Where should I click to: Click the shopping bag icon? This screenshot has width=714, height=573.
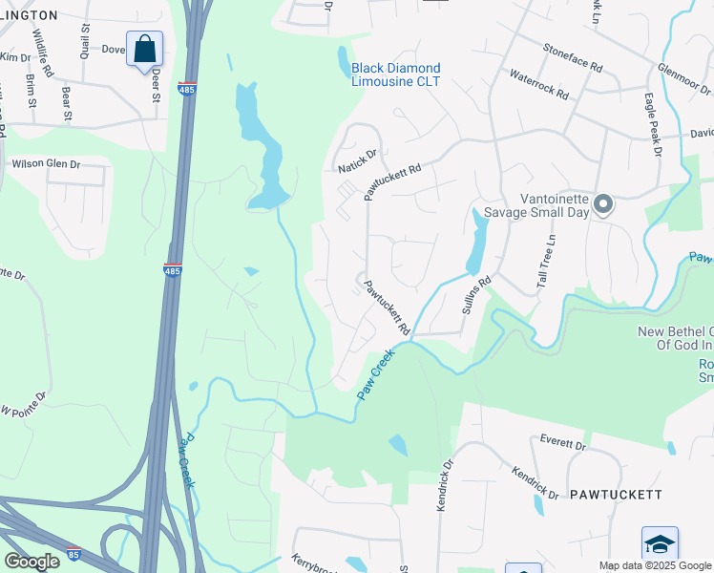[144, 49]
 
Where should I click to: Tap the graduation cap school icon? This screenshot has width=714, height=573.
[660, 543]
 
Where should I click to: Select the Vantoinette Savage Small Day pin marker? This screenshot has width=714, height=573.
[602, 203]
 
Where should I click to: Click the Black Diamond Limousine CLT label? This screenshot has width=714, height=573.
[396, 74]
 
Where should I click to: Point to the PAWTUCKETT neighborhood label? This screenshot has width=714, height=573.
[616, 495]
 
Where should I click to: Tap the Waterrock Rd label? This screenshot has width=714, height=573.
[538, 84]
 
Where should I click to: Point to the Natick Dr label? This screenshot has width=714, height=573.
[357, 159]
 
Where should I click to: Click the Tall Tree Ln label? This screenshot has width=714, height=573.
[545, 261]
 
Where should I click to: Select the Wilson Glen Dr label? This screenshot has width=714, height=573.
[46, 164]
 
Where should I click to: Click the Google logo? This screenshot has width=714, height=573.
[31, 561]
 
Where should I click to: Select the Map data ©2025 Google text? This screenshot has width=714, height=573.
[655, 565]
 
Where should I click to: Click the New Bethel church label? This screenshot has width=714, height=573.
[675, 338]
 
